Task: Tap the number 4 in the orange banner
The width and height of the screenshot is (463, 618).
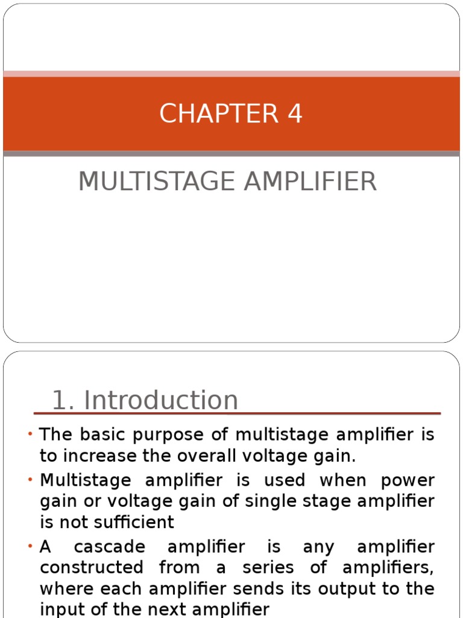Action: point(295,114)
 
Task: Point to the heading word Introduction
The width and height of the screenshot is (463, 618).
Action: point(161,400)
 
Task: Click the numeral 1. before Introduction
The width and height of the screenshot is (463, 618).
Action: point(64,400)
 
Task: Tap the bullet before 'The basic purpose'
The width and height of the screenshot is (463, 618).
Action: point(30,435)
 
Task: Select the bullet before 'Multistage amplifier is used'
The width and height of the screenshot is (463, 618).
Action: point(30,480)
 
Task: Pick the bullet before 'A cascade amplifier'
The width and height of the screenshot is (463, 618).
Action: point(30,547)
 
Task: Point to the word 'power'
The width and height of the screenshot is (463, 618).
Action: point(408,481)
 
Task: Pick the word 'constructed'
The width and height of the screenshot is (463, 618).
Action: point(92,568)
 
